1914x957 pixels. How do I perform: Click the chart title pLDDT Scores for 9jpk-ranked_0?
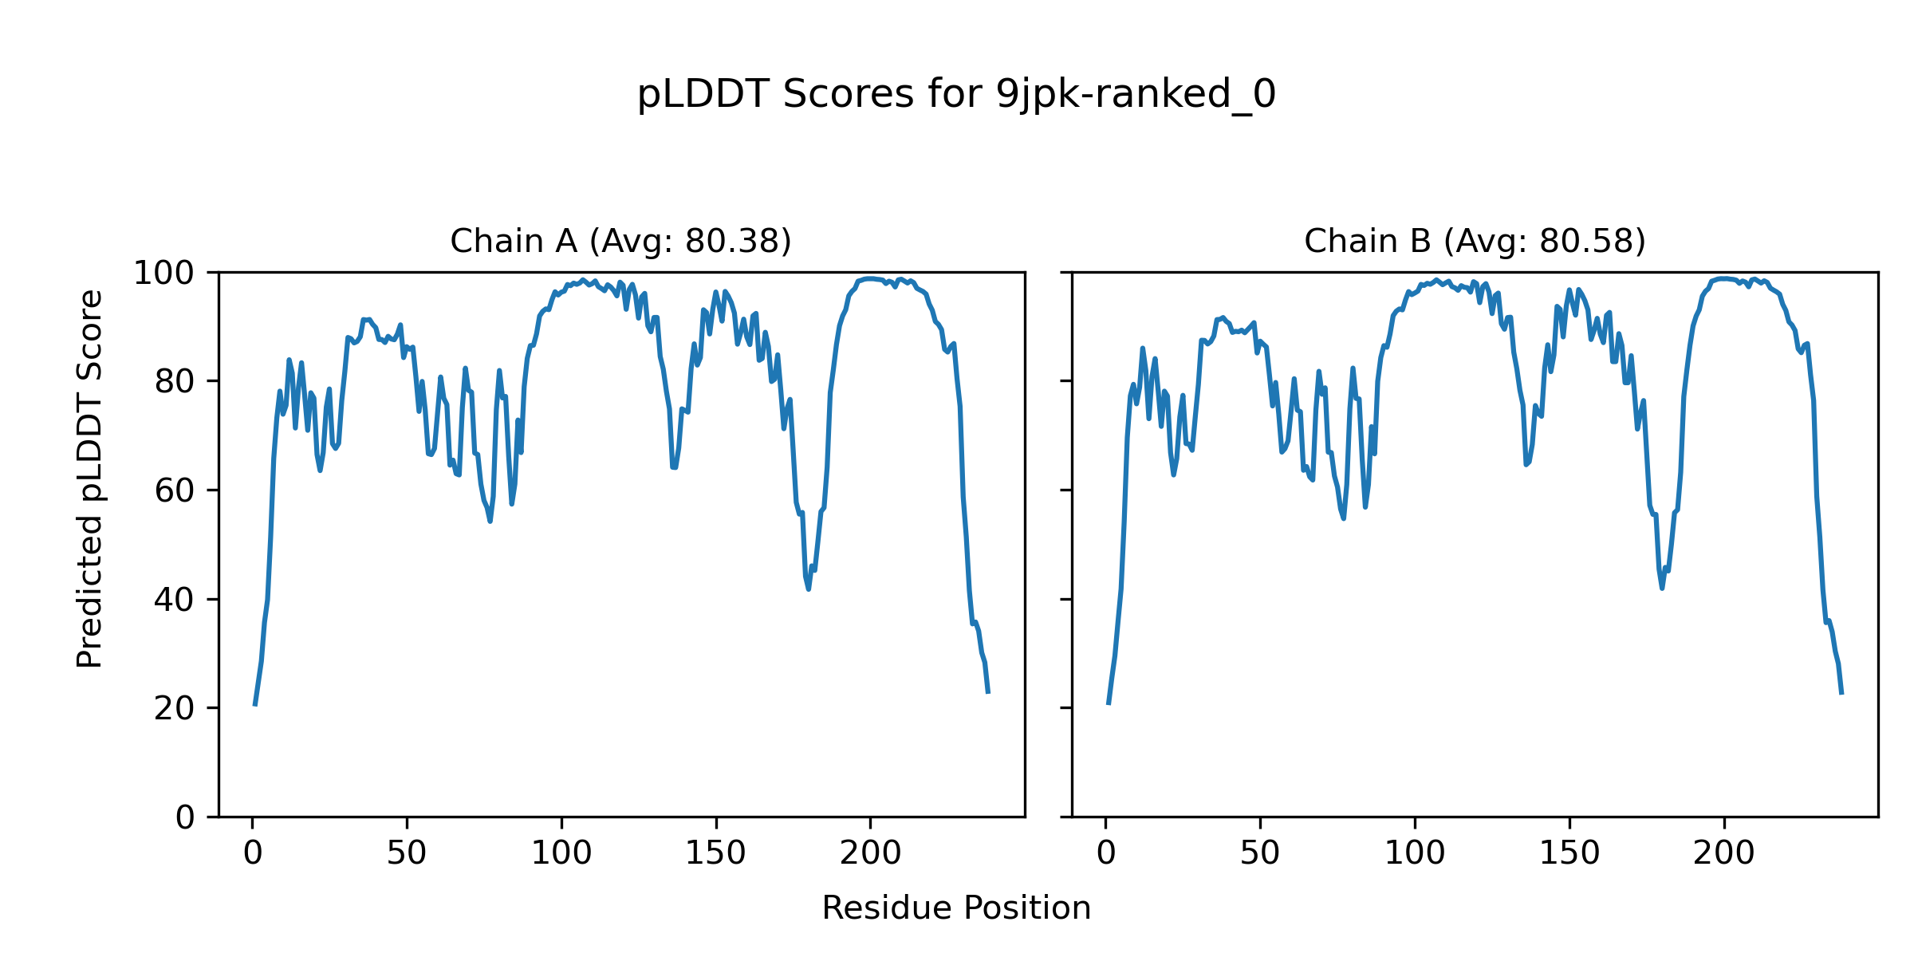[956, 94]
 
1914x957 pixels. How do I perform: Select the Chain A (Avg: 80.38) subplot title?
[620, 241]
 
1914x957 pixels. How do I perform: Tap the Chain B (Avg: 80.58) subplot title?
[1475, 241]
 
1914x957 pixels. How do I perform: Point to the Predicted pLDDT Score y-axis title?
[90, 478]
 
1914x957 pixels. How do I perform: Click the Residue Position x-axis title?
[956, 908]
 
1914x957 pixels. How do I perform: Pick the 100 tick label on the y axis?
[163, 274]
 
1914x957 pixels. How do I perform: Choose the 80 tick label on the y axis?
[174, 382]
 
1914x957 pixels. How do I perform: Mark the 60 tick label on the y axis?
[174, 491]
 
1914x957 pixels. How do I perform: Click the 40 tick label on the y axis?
[174, 600]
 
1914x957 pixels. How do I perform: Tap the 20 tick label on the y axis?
[174, 708]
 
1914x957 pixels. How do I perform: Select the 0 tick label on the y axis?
[185, 817]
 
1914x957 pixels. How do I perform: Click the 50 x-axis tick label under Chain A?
[407, 853]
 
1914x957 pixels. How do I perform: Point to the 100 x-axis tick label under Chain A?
[561, 853]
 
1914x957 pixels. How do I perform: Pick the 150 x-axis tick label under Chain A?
[716, 853]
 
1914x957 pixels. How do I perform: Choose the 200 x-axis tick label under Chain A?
[871, 853]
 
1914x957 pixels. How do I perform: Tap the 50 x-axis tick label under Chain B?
[1260, 853]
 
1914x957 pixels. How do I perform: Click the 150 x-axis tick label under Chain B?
[1569, 853]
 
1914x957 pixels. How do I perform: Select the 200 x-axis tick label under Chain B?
[1724, 853]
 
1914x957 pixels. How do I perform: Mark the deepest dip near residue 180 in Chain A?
[809, 589]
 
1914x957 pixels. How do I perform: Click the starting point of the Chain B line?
[1109, 703]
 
